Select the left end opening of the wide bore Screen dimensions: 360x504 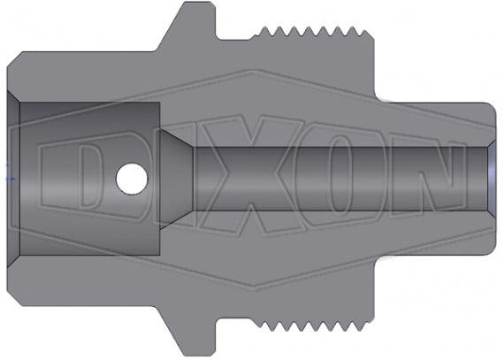pyautogui.click(x=15, y=180)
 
